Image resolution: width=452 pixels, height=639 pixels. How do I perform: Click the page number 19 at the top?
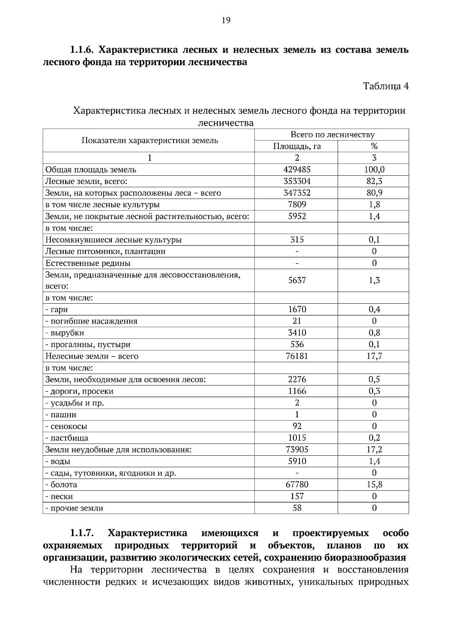tap(226, 20)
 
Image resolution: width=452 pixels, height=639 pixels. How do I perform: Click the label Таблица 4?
tap(385, 86)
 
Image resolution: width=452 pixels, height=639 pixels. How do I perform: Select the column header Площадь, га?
tap(297, 146)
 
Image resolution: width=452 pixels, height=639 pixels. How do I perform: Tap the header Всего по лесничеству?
tap(332, 135)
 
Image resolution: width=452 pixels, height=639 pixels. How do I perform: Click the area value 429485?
tap(297, 170)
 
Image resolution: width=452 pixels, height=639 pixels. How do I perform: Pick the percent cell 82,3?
tap(374, 181)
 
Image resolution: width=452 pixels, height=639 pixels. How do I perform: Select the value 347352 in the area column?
tap(297, 193)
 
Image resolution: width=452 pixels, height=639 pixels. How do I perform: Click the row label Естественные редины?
tap(88, 263)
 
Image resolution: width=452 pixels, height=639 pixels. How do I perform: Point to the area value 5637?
tap(297, 280)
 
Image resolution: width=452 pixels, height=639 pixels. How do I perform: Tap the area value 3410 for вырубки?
tap(297, 333)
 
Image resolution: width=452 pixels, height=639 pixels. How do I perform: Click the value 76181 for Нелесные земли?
tap(297, 356)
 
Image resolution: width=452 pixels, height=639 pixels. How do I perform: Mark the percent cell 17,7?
tap(374, 356)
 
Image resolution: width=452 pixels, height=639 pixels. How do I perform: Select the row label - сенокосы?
tap(66, 426)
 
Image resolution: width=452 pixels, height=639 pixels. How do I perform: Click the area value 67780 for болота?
tap(297, 485)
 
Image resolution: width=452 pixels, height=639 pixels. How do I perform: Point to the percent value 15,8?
tap(374, 485)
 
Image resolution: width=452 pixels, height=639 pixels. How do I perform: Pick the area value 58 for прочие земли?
tap(297, 508)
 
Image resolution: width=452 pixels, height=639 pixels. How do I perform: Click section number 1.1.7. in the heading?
tap(82, 533)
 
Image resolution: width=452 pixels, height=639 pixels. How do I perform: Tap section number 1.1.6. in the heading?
tap(82, 50)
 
